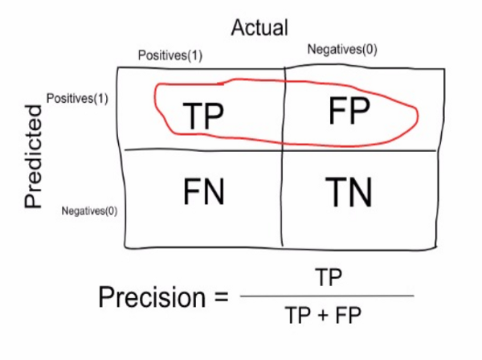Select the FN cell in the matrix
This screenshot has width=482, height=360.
point(204,193)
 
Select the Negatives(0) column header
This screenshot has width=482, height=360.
point(341,50)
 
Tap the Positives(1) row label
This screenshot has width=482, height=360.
point(77,99)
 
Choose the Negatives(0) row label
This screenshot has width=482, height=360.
point(89,211)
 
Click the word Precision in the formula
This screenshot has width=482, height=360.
point(153,297)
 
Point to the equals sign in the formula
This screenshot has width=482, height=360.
point(218,299)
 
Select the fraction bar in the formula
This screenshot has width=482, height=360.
point(327,296)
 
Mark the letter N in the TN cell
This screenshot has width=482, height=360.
point(363,193)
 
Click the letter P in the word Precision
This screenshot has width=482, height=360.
point(107,297)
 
